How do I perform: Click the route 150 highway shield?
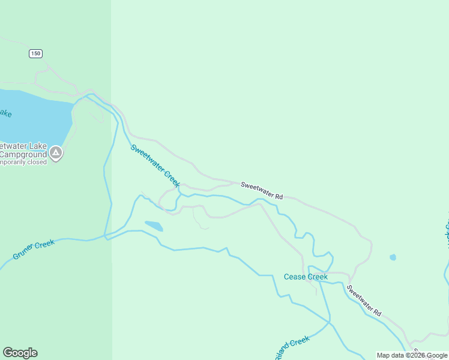[x=35, y=53]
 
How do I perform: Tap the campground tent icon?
[x=55, y=153]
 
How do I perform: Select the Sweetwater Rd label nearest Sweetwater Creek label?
[x=262, y=190]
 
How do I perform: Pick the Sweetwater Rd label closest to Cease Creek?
[x=364, y=300]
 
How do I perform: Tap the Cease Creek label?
[x=306, y=277]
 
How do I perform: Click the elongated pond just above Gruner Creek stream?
[x=154, y=226]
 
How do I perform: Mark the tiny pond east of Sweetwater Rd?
[x=393, y=257]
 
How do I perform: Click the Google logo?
[x=20, y=353]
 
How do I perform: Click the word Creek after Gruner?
[x=44, y=244]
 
